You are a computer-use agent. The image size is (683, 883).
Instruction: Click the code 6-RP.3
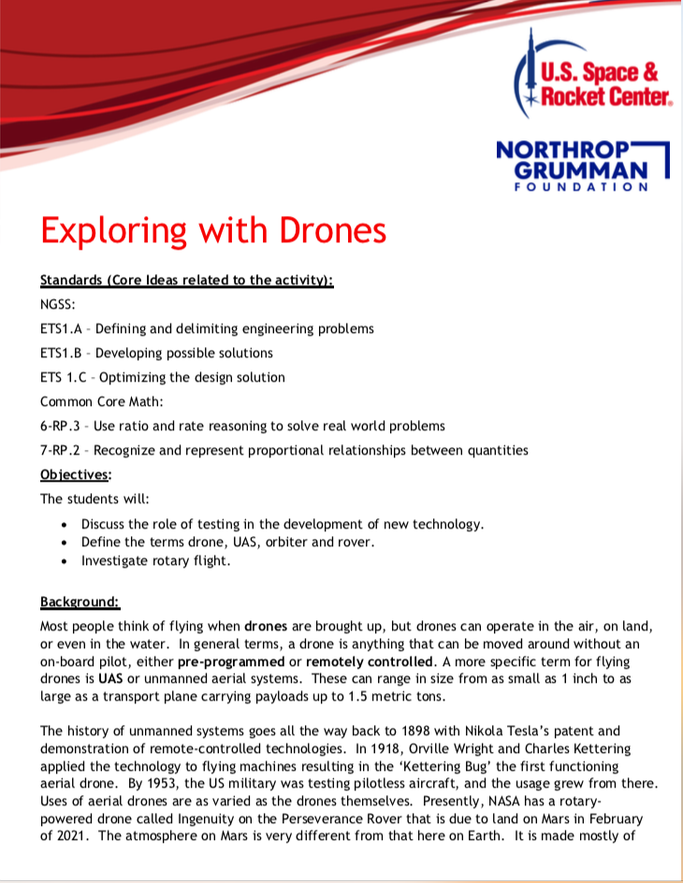[61, 426]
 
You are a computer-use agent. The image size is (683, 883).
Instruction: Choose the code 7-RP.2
[61, 450]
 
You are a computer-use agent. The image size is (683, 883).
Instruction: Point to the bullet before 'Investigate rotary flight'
[64, 562]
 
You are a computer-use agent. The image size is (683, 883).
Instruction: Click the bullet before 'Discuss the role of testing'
[64, 525]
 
